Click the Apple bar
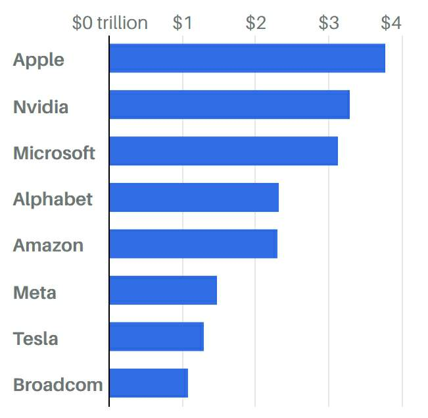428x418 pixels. tap(247, 58)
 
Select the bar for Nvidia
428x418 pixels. tap(229, 105)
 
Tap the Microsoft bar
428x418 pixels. tap(223, 151)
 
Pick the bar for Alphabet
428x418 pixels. tap(194, 197)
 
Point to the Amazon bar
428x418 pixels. tap(193, 244)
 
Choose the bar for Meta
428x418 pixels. tap(162, 290)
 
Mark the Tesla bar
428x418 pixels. tap(156, 336)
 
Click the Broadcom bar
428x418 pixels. tap(148, 383)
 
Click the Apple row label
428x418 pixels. tap(39, 60)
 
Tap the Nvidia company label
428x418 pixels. tap(41, 107)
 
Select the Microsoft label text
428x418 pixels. tap(54, 153)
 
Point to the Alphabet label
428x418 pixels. tap(53, 199)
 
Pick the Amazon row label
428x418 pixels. tap(48, 246)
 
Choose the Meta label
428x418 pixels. tap(34, 292)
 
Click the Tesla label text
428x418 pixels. tap(36, 339)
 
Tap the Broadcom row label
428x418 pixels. tap(58, 385)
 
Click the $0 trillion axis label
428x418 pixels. tap(110, 23)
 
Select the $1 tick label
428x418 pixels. tap(182, 23)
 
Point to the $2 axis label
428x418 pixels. tap(256, 23)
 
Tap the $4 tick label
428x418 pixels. tap(391, 23)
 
